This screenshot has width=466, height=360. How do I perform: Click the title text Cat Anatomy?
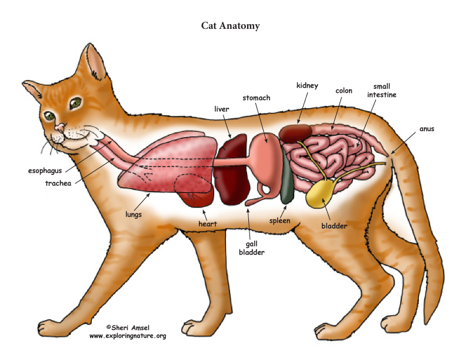(x=230, y=26)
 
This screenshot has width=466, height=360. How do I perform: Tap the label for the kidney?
(x=307, y=85)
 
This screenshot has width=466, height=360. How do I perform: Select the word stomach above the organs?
(x=256, y=98)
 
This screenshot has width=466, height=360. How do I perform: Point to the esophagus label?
(x=45, y=171)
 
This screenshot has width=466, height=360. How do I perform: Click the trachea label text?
(x=58, y=184)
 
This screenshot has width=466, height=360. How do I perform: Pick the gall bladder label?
(x=251, y=248)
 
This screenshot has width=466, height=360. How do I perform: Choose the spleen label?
(x=279, y=221)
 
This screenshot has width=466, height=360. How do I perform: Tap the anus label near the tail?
(x=427, y=129)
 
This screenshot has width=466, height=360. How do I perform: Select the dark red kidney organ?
(x=295, y=133)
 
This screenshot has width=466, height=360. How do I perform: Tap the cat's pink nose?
(x=60, y=128)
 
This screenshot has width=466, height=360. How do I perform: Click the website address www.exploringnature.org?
(x=128, y=336)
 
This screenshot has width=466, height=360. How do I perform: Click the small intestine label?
(x=382, y=91)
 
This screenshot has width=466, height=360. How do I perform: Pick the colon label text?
(x=344, y=91)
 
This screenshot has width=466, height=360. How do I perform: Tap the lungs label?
(x=134, y=215)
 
